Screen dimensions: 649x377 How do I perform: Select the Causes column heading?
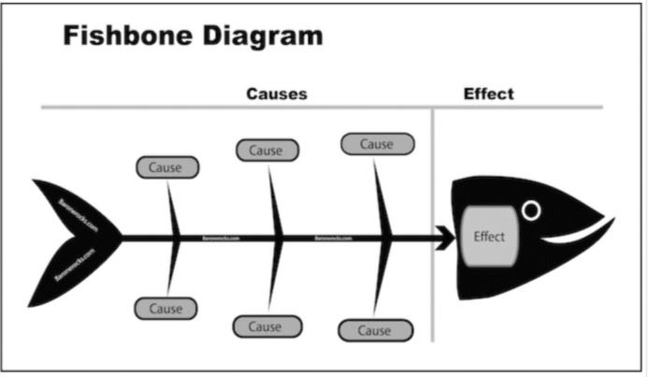(276, 94)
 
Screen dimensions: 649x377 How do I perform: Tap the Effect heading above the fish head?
(488, 94)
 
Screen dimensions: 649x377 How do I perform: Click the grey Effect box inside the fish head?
(488, 236)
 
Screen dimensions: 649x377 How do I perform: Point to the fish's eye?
(531, 210)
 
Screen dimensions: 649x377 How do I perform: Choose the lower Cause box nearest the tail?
(166, 308)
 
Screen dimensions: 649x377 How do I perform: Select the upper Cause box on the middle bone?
(267, 150)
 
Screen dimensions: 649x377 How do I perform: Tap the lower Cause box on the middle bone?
(267, 326)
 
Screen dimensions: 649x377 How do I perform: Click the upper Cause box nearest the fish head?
(376, 144)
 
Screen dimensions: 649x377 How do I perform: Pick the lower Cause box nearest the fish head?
(374, 330)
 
